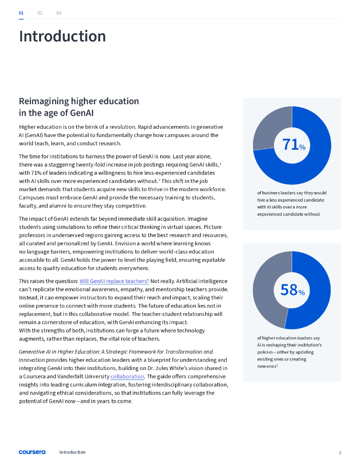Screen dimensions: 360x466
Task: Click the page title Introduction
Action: click(x=62, y=36)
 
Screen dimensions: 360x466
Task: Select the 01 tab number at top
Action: click(x=21, y=13)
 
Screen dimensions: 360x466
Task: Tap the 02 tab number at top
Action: click(x=40, y=13)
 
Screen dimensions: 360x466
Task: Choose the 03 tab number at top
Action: click(x=59, y=13)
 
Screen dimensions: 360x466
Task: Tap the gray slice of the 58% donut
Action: click(x=266, y=287)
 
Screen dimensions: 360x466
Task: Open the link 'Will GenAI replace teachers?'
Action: click(x=114, y=281)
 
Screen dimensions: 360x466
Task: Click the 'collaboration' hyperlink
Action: click(x=127, y=377)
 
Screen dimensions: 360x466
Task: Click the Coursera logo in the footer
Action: click(x=32, y=452)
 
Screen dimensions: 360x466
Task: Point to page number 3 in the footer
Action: click(x=340, y=452)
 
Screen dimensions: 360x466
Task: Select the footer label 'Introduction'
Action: click(x=72, y=452)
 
